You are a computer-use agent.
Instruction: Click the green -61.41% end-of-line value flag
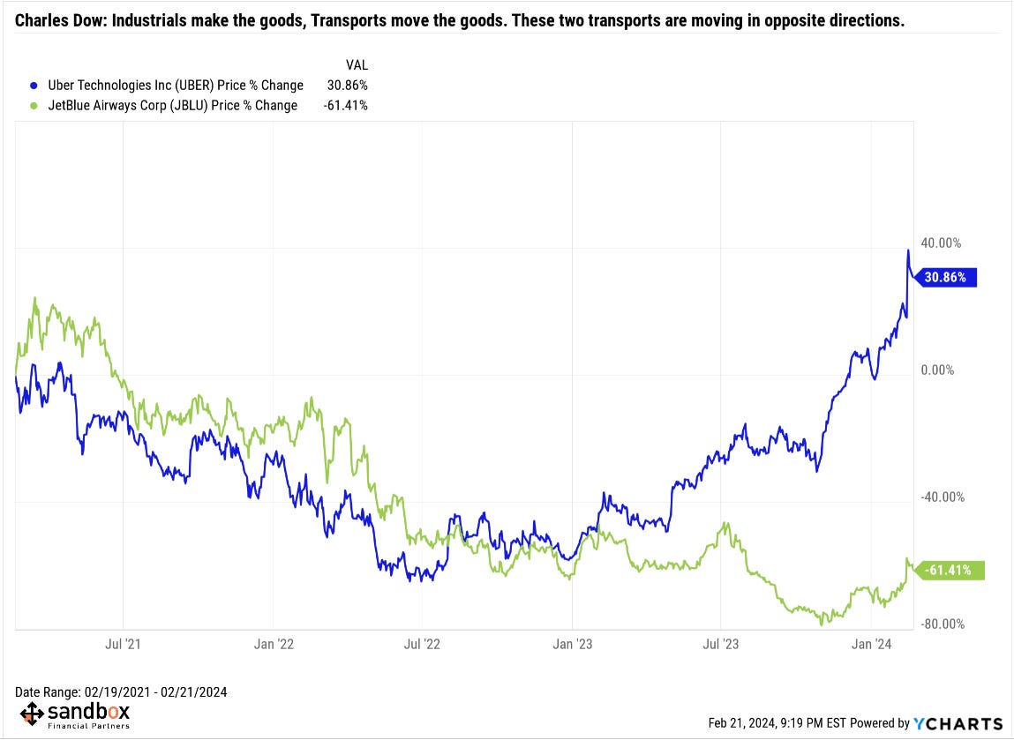point(950,571)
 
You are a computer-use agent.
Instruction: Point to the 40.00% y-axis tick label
point(941,243)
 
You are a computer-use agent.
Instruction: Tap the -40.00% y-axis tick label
point(941,497)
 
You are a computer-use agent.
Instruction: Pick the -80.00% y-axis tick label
point(941,624)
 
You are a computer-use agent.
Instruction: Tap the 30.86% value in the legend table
point(346,86)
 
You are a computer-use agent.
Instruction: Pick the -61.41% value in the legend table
point(344,106)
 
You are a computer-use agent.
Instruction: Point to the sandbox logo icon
point(31,714)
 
